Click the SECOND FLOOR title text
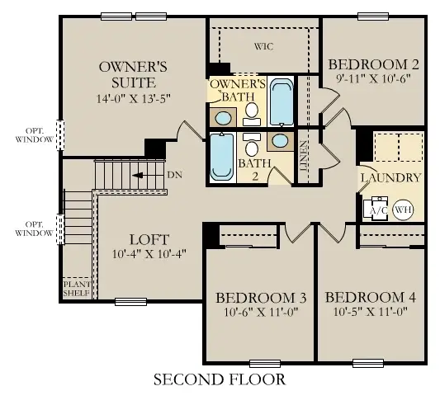(x=219, y=380)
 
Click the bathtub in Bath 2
(x=220, y=156)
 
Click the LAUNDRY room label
(x=390, y=177)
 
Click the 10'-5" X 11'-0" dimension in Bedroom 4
(x=367, y=313)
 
